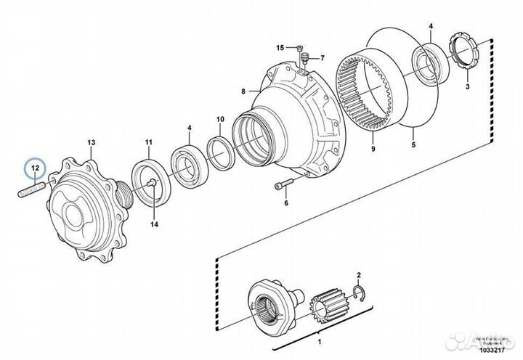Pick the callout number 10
[x=220, y=118]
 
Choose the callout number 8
[x=245, y=91]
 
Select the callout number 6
[x=286, y=203]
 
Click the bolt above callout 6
[x=283, y=186]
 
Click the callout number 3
[x=467, y=86]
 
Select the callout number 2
[x=357, y=274]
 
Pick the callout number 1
[x=320, y=338]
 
